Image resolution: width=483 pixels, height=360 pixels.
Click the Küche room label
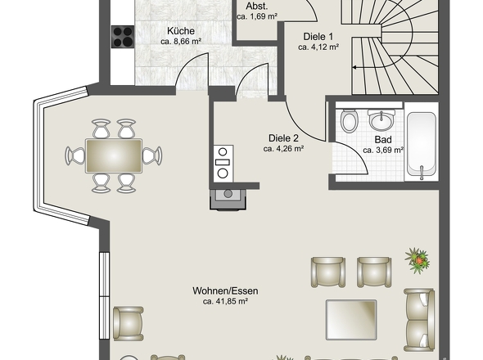point(181,31)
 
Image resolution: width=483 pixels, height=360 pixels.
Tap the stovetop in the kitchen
point(123,37)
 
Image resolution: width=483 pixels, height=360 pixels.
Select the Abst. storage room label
point(256,7)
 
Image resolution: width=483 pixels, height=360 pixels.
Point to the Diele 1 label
point(318,37)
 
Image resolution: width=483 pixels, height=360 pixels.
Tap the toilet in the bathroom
point(349,120)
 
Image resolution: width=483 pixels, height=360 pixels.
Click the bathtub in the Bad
point(422,145)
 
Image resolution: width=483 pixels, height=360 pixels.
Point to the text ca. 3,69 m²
point(383,151)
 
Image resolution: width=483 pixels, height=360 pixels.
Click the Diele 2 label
point(283,138)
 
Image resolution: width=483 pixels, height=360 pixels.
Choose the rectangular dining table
point(114,155)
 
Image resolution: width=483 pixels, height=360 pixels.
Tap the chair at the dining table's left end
point(74,155)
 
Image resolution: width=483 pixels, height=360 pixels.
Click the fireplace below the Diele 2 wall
point(228,200)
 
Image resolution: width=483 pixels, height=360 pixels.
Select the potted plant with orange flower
point(418,260)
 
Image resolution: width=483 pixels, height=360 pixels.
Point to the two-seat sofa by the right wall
point(419,320)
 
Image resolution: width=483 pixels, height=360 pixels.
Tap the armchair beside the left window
point(128,324)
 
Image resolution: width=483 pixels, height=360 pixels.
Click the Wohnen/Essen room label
point(225,290)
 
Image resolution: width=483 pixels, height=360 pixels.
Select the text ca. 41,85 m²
point(225,301)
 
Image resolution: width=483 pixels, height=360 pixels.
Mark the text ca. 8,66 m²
point(181,42)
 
